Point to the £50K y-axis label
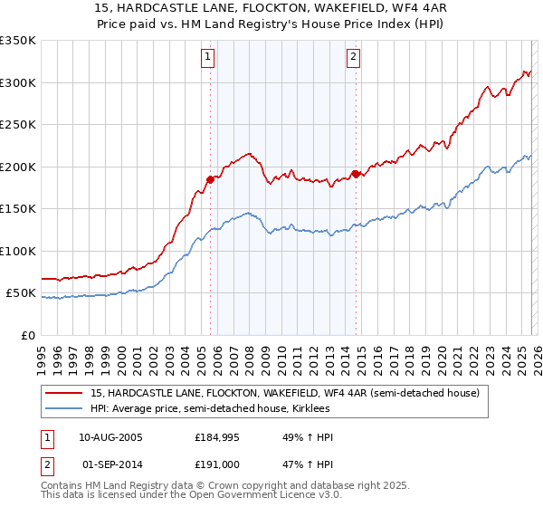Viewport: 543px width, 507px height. (x=21, y=293)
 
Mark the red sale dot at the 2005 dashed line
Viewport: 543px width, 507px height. (x=211, y=179)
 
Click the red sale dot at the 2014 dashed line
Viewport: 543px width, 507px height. (x=356, y=174)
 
